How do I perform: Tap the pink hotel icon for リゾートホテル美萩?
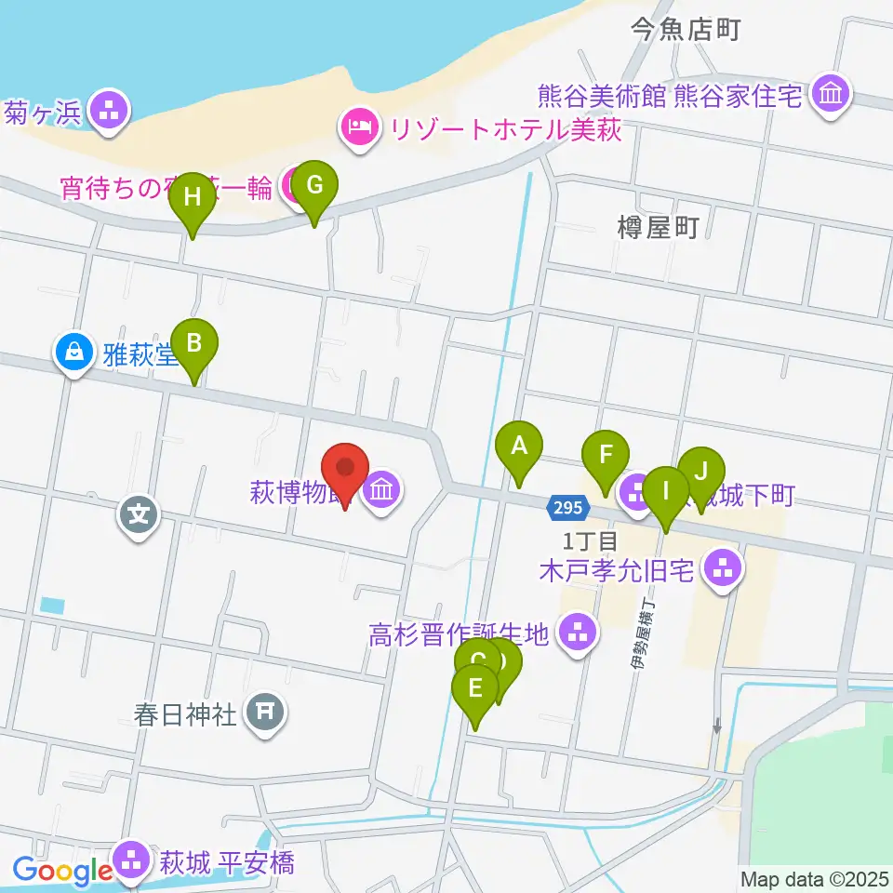[359, 126]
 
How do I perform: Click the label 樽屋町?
[657, 227]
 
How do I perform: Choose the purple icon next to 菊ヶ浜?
[110, 111]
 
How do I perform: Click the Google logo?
[62, 871]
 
